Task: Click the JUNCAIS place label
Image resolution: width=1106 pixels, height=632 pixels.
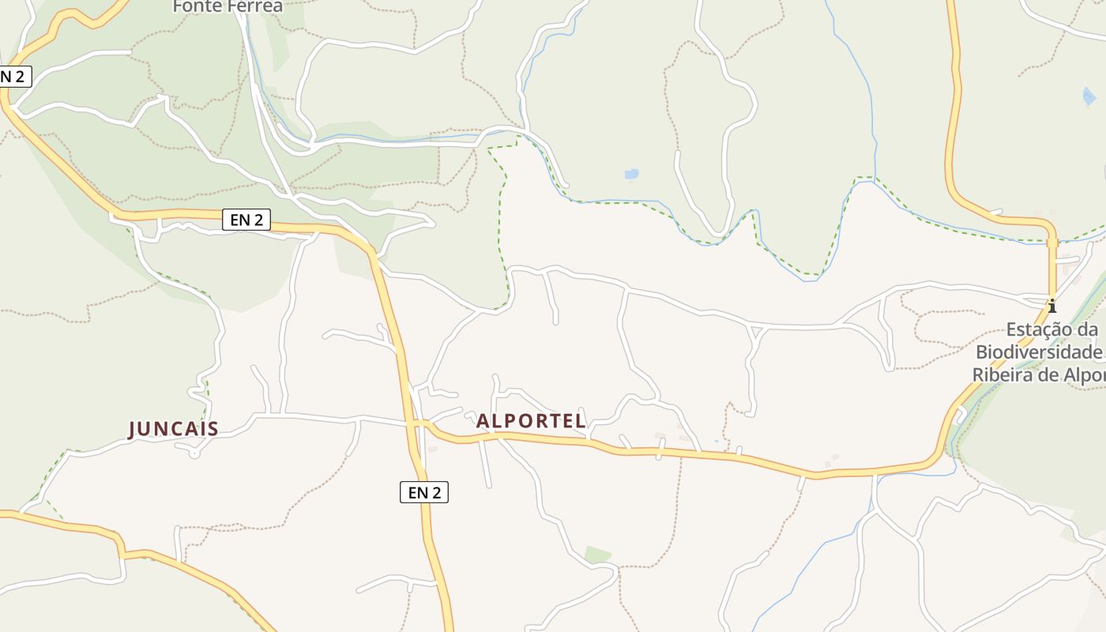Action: (173, 429)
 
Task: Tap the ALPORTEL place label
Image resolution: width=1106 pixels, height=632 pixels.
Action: (531, 421)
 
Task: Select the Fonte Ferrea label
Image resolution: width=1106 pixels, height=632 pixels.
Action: (228, 6)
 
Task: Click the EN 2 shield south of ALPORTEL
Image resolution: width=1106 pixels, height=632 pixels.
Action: (424, 493)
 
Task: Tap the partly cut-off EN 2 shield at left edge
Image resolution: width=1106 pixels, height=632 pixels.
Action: (14, 76)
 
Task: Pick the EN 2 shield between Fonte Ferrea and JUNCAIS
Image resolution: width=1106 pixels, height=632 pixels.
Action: (246, 220)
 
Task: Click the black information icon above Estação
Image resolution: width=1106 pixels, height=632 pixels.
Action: (1051, 305)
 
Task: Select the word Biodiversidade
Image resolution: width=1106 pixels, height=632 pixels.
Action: (1039, 352)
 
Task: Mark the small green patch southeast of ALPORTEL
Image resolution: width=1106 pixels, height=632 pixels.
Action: (598, 555)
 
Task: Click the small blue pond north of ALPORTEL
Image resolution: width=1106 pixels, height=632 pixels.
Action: (631, 174)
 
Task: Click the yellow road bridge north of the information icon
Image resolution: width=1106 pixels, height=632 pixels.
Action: (1052, 243)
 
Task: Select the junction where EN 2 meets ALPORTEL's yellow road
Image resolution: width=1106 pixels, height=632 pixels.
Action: (416, 424)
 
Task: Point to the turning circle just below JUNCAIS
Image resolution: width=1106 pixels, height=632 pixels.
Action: (194, 452)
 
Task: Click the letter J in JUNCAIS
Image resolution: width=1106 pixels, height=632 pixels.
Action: (133, 429)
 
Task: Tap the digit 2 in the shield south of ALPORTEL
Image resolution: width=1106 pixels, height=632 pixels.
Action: (437, 493)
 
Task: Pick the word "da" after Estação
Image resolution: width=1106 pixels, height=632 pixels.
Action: (1089, 329)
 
